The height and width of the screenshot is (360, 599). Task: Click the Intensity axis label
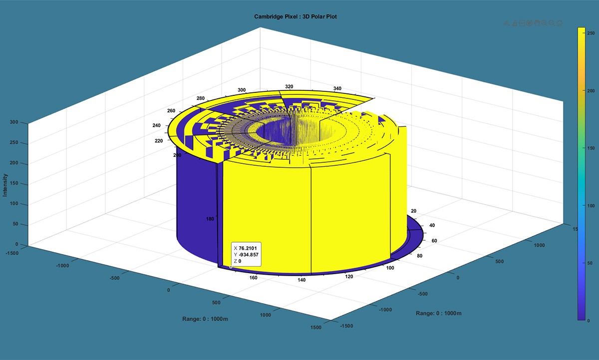point(5,185)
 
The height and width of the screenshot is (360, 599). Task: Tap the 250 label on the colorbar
point(591,33)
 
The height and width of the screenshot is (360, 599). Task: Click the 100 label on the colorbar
point(591,206)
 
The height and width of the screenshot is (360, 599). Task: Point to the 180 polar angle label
point(210,219)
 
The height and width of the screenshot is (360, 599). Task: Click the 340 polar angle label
point(337,88)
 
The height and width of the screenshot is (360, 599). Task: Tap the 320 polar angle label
point(289,86)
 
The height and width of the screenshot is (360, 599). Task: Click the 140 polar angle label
point(301,280)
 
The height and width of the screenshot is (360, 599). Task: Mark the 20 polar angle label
point(412,211)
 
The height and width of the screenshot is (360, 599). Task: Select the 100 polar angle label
point(390,268)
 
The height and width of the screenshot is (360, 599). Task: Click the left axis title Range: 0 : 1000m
point(207,319)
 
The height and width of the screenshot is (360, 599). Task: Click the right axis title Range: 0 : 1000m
point(438,313)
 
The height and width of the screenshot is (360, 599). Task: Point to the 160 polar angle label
point(254,278)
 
